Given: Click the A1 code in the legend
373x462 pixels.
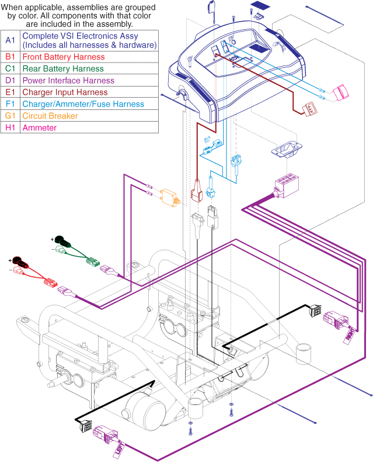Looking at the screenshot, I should coord(11,40).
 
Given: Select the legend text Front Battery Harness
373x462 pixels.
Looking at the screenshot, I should coord(64,57).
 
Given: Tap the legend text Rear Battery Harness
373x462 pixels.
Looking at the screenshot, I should coord(62,68).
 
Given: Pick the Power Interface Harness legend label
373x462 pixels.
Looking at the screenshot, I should coord(68,80).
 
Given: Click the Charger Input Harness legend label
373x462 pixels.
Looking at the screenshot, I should coord(65,92).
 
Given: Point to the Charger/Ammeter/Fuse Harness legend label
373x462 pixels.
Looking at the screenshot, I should coord(82,104).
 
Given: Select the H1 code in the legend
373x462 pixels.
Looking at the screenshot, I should coord(11,127).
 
